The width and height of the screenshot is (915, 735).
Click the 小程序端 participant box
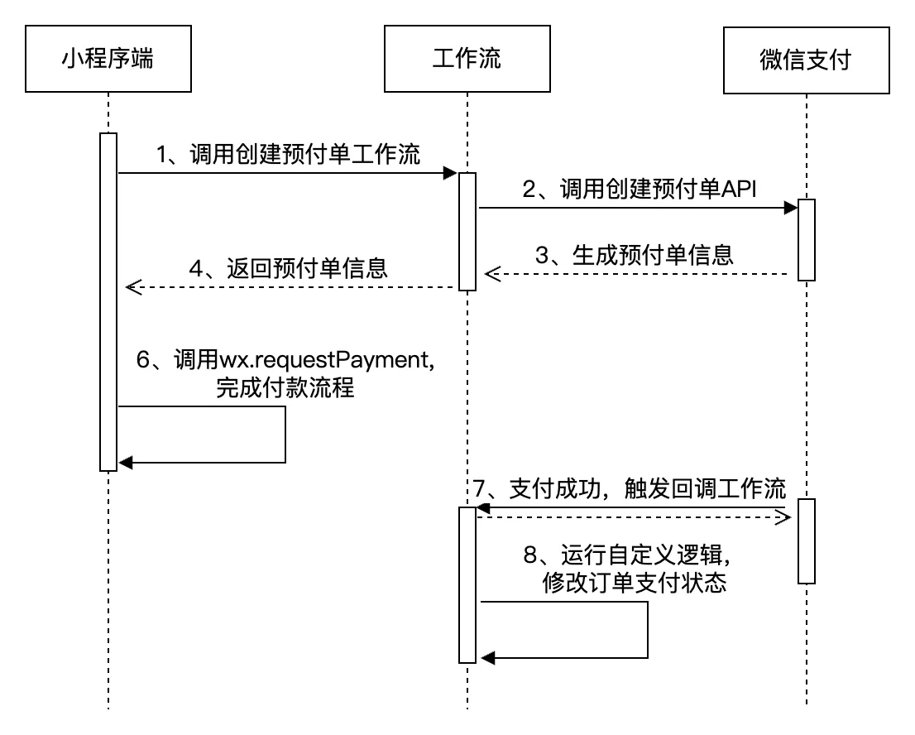point(108,60)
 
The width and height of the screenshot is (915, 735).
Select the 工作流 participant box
point(467,60)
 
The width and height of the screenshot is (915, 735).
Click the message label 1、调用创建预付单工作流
point(287,154)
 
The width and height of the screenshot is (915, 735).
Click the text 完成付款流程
point(285,388)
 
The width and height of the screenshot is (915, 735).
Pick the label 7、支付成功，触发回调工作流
point(630,488)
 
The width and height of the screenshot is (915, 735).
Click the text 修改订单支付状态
point(634,584)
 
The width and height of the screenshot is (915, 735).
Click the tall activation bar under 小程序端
point(108,301)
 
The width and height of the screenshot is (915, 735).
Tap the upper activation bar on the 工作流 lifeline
point(467,232)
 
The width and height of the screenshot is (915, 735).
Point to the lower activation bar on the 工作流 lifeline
point(467,584)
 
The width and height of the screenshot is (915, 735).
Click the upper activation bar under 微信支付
point(807,240)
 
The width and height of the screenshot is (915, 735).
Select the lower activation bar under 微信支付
point(807,540)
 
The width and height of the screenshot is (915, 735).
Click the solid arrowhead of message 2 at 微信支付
point(791,209)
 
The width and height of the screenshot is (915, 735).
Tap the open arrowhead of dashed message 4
point(132,287)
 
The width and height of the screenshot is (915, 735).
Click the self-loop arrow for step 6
point(285,435)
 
